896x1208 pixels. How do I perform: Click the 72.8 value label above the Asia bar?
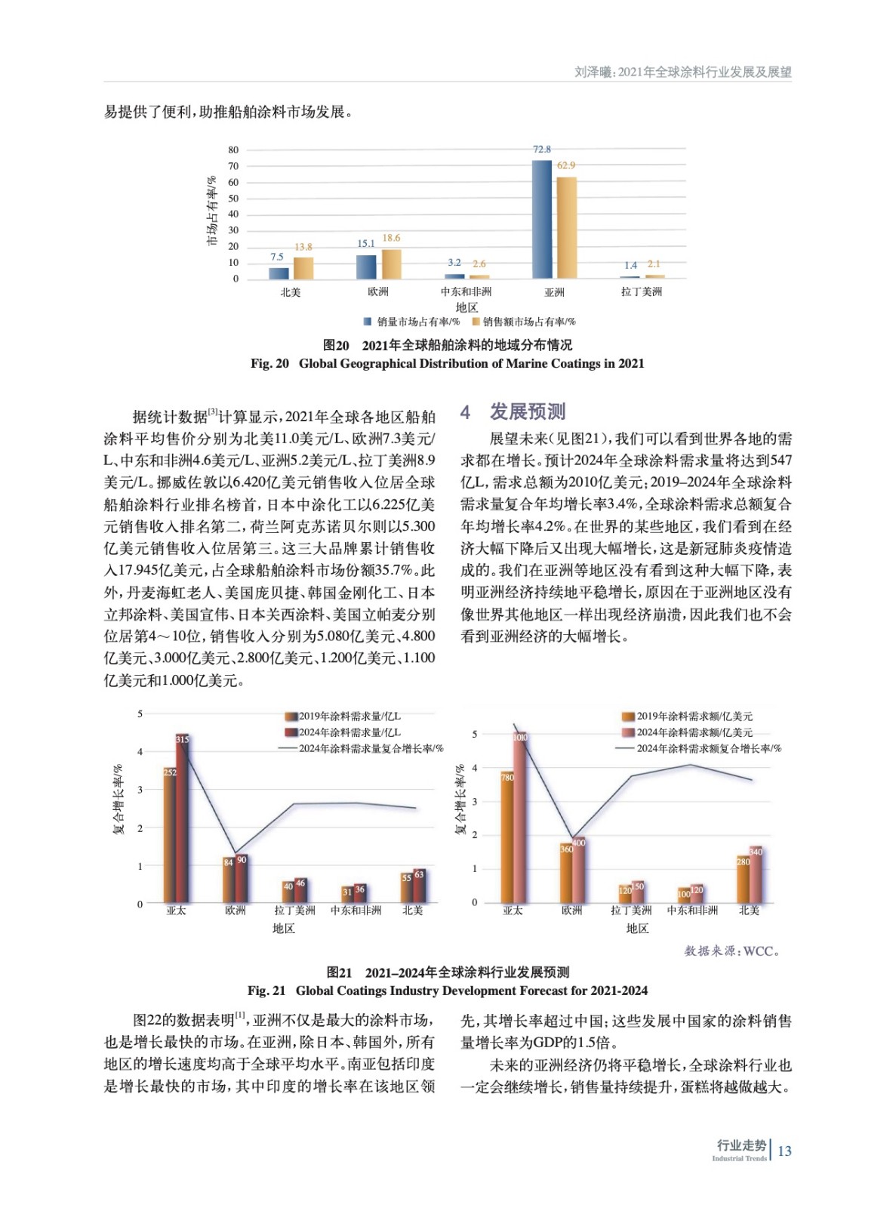(542, 149)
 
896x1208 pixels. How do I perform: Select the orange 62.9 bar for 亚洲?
(566, 228)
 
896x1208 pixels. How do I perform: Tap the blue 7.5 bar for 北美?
(279, 273)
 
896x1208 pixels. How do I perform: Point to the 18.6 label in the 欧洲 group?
(391, 238)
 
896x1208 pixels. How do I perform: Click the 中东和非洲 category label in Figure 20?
(466, 292)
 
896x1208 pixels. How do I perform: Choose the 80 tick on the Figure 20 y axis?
(233, 150)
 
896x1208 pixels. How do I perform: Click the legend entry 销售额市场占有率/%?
(528, 322)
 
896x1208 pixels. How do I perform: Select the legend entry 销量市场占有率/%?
(417, 322)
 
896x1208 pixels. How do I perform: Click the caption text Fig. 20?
(269, 363)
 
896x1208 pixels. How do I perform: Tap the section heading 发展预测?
(527, 411)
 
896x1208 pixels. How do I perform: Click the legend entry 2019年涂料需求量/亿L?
(349, 716)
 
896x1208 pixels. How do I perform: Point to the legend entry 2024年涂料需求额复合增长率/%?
(708, 748)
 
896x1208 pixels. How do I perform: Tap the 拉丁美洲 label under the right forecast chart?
(631, 911)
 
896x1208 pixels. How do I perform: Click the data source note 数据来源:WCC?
(731, 951)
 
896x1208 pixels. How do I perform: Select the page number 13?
(785, 1151)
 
